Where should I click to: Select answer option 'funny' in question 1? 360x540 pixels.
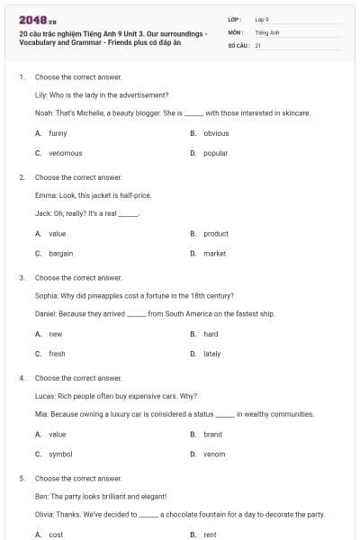(58, 133)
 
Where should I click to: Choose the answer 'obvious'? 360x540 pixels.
(216, 133)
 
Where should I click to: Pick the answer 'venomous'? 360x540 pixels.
(65, 153)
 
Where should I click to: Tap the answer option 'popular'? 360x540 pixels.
(215, 153)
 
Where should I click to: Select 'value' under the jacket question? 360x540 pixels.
(58, 233)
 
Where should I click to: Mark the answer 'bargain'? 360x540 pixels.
(61, 253)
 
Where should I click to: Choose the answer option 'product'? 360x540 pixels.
(216, 233)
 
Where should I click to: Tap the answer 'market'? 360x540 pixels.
(214, 253)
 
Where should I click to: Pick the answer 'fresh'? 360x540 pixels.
(57, 354)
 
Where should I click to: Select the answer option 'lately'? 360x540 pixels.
(211, 354)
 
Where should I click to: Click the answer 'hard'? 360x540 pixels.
(211, 334)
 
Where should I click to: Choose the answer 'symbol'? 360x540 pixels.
(60, 454)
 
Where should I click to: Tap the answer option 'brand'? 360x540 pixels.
(212, 434)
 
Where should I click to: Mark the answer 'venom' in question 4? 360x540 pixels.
(214, 454)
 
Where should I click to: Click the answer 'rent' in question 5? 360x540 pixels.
(210, 535)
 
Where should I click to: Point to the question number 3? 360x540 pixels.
(22, 278)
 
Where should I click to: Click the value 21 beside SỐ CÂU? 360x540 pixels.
(258, 44)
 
